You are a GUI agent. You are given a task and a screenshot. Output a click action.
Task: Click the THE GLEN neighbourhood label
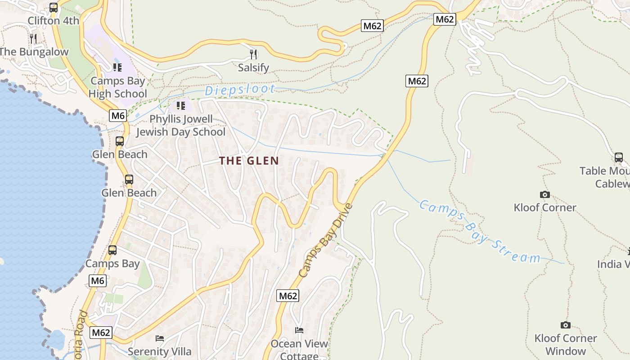point(249,161)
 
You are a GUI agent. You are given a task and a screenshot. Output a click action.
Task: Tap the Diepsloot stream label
point(240,90)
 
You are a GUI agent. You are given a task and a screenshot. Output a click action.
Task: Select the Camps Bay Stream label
point(479,232)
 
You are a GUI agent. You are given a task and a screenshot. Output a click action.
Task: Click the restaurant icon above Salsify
point(253,54)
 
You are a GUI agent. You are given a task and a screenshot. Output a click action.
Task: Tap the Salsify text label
point(253,68)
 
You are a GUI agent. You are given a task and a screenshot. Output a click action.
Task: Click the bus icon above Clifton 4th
point(54,8)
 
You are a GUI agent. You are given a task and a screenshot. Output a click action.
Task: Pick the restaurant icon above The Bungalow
point(33,38)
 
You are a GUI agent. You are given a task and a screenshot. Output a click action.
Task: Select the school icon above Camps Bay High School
point(117,67)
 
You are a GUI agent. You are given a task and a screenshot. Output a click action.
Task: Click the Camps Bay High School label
point(117,87)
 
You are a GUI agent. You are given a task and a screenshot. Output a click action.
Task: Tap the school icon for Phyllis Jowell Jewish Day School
point(181,106)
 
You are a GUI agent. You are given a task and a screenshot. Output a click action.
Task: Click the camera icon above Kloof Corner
point(545,194)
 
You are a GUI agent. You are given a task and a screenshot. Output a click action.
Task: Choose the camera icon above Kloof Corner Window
point(566,325)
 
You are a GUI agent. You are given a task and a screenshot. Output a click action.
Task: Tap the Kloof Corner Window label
point(566,344)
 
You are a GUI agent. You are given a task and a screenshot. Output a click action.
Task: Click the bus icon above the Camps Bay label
point(112,250)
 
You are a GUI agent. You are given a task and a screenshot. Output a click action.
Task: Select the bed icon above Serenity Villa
point(160,338)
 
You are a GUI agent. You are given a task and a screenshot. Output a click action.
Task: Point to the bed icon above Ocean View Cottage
point(299,330)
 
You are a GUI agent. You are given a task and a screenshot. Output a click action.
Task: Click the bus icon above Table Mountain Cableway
point(619,157)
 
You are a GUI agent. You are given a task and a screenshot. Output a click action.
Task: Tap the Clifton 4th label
point(53,21)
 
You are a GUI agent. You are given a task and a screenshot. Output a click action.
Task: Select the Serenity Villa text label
point(160,351)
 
